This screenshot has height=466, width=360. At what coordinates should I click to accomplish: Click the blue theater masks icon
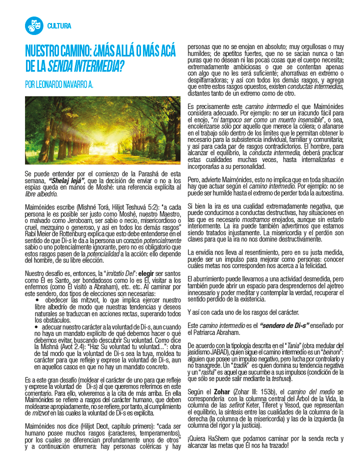point(33,25)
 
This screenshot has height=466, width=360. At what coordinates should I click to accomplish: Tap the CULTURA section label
point(59,26)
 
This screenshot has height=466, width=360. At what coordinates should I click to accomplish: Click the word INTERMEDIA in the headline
point(98,65)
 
